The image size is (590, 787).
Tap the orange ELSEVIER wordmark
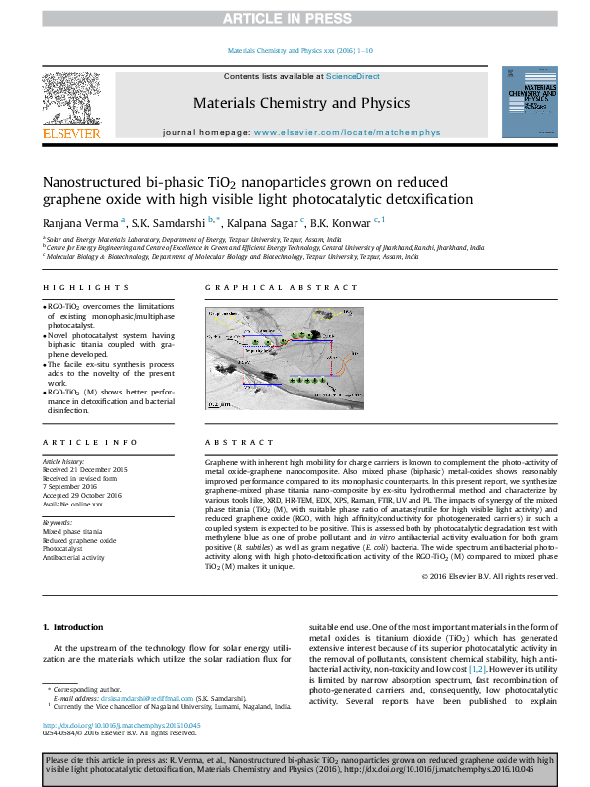[71, 133]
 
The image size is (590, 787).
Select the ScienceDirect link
[353, 76]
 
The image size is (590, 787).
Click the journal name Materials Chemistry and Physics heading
[300, 103]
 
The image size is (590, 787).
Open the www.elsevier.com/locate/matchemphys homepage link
[346, 131]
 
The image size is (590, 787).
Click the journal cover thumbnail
[531, 102]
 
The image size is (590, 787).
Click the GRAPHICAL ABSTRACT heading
[281, 288]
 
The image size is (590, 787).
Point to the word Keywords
[59, 521]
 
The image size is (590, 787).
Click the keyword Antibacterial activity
[73, 558]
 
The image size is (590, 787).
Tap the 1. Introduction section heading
[75, 628]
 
